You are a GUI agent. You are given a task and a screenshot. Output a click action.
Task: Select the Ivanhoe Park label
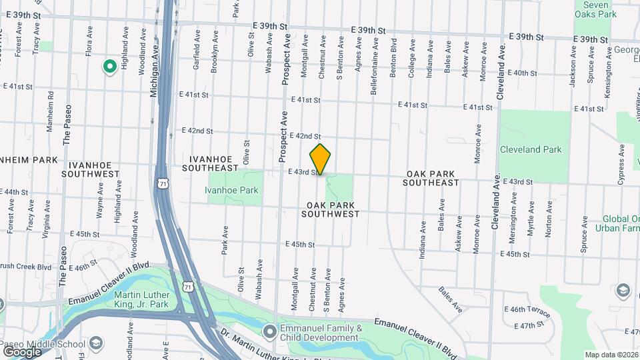click(x=232, y=191)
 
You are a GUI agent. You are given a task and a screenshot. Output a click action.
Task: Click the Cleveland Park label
click(x=531, y=149)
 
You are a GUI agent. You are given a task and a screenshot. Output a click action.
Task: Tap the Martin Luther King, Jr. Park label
click(x=147, y=301)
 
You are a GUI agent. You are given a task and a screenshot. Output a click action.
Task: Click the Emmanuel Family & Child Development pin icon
click(x=269, y=331)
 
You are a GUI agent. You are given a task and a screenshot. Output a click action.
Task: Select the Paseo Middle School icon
click(x=96, y=343)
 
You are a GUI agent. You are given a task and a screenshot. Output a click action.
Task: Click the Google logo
click(x=22, y=351)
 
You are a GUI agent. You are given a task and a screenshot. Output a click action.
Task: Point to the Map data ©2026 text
click(x=611, y=355)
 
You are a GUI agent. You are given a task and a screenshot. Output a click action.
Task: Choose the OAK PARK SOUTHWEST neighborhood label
click(x=330, y=209)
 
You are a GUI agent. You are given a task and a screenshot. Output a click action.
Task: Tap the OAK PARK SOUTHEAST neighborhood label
click(x=432, y=178)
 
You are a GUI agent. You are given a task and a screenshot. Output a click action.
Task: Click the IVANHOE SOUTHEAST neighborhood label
click(x=213, y=163)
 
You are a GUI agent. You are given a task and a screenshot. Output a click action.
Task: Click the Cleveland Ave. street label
click(x=495, y=201)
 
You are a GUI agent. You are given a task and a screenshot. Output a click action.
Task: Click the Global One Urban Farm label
click(x=621, y=223)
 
